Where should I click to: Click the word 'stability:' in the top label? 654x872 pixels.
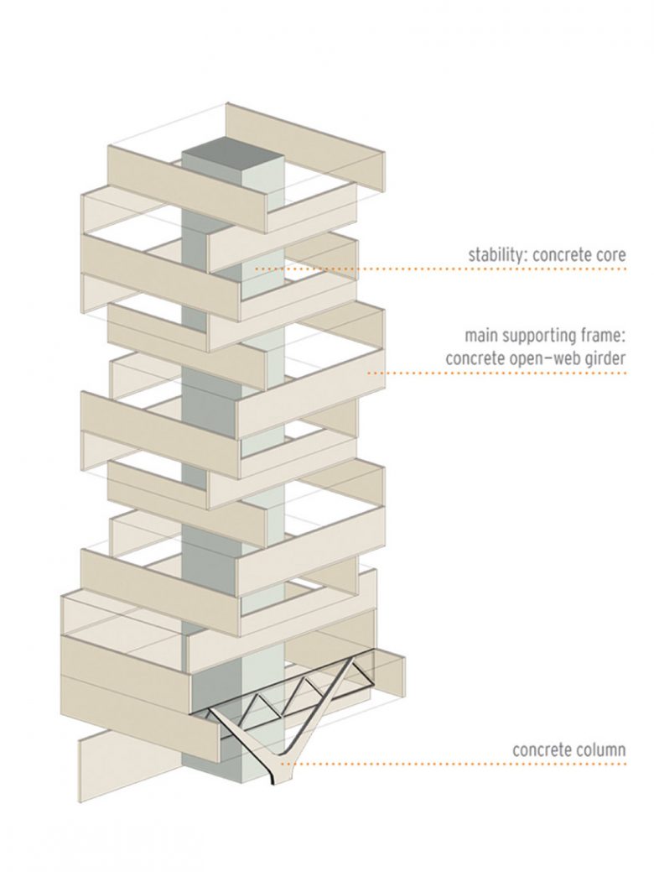(x=496, y=254)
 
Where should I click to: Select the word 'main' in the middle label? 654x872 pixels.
(x=481, y=337)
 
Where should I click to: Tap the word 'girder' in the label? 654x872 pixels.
(x=605, y=359)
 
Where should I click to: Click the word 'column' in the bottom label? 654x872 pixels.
(x=600, y=749)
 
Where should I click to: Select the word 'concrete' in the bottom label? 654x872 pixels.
(x=542, y=749)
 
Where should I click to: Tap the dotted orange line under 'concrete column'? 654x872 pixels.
(x=461, y=765)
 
